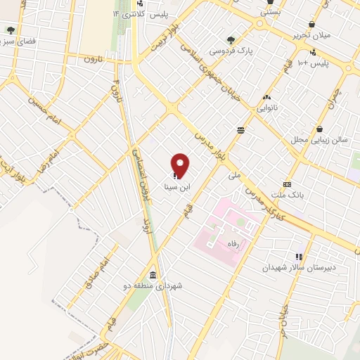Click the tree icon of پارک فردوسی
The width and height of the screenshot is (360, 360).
[x=230, y=39]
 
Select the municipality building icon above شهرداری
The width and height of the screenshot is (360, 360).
[x=153, y=274]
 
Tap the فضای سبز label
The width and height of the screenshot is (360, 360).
[x=18, y=42]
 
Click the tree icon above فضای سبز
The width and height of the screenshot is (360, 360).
[x=10, y=30]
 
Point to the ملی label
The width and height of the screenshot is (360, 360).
[x=235, y=174]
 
